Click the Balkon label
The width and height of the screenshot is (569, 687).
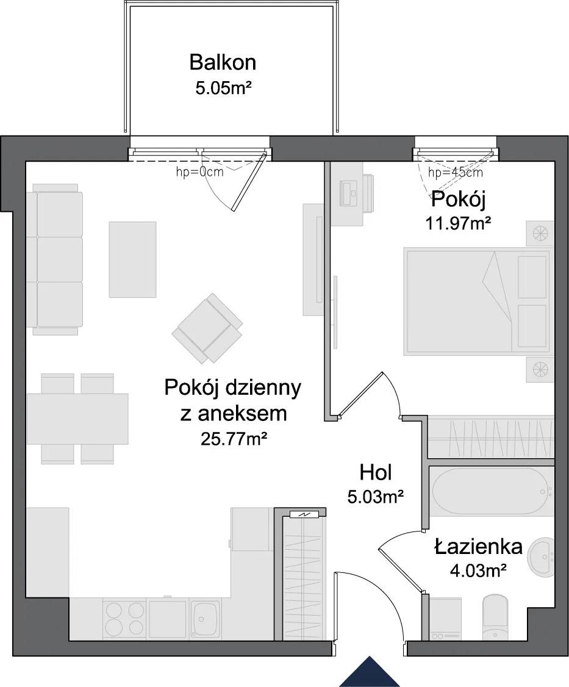(223, 63)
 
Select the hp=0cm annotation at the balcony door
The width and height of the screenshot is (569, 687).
(200, 172)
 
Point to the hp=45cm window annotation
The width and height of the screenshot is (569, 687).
(456, 172)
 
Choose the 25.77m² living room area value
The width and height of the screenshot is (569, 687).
(234, 438)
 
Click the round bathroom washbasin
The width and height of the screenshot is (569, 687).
(542, 556)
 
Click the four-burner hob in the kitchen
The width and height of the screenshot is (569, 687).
(124, 619)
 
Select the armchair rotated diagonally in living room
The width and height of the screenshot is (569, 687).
(207, 328)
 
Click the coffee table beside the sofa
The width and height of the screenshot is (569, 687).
(132, 259)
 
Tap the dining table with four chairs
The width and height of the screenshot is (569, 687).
(77, 419)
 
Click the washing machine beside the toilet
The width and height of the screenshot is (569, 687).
(445, 619)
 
